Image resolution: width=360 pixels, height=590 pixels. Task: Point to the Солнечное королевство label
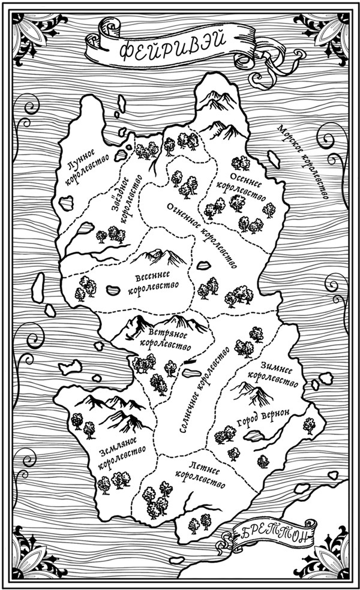[204, 390]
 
